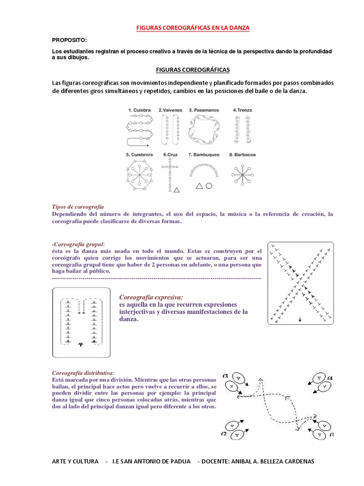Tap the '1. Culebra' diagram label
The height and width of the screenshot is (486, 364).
(x=139, y=110)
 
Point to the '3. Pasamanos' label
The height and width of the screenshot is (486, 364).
(x=204, y=110)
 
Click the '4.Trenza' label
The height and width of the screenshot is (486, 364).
(x=242, y=110)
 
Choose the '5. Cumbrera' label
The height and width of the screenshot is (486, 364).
(x=139, y=154)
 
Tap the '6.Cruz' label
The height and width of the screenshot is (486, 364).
(x=170, y=154)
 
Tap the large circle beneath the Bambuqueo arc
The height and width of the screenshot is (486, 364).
(x=209, y=186)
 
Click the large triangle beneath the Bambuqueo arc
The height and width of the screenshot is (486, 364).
(x=199, y=186)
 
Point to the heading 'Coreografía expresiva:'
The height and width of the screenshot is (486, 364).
(x=151, y=297)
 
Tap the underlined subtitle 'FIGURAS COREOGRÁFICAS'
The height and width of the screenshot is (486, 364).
(x=192, y=70)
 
